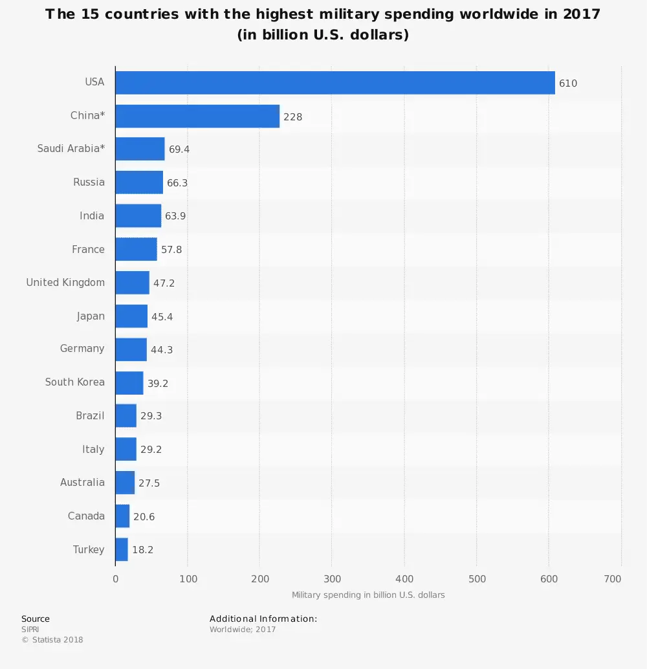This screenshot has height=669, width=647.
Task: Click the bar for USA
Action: click(x=334, y=83)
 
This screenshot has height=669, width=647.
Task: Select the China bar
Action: click(x=197, y=116)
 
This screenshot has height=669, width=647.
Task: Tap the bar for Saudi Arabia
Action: click(x=140, y=149)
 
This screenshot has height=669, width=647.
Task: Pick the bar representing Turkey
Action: click(x=122, y=549)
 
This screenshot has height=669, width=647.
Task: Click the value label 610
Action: click(x=568, y=83)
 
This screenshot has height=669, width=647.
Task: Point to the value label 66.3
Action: click(x=177, y=183)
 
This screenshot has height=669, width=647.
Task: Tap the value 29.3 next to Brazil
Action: click(x=151, y=416)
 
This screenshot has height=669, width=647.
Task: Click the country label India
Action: click(x=92, y=216)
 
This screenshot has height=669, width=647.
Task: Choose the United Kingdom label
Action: click(x=65, y=283)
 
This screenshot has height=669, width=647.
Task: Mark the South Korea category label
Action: click(x=74, y=382)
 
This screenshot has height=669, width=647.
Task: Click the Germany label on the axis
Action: click(x=82, y=349)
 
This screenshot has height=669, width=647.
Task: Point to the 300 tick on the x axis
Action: click(x=332, y=579)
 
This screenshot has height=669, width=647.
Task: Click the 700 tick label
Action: click(x=613, y=579)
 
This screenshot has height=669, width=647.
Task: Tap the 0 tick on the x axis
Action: click(x=116, y=579)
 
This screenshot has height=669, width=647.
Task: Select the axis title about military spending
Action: click(x=368, y=595)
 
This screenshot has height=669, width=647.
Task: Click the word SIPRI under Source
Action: click(x=30, y=630)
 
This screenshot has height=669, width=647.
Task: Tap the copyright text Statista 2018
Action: click(x=52, y=640)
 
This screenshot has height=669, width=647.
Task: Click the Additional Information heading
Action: click(x=263, y=619)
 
